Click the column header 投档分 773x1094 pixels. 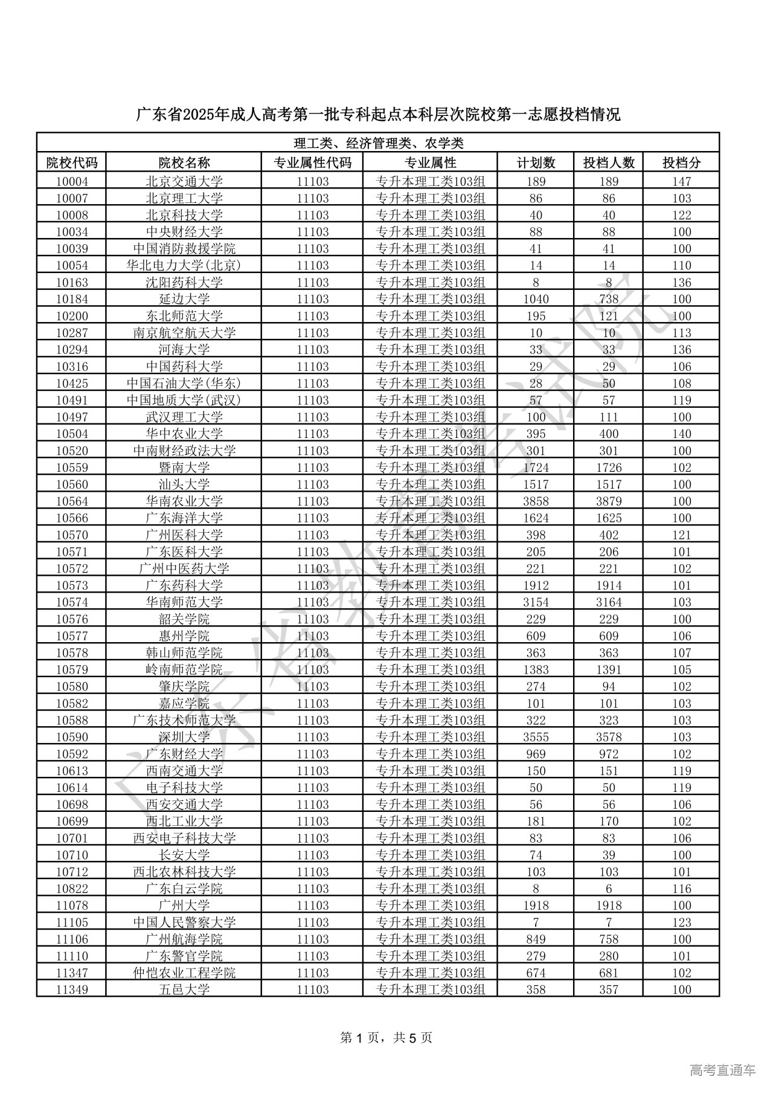[681, 162]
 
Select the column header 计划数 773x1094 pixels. [536, 162]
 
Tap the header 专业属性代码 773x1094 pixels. [312, 162]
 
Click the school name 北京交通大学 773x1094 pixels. [184, 181]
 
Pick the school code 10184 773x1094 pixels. [72, 299]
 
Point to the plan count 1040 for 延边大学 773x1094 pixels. [536, 299]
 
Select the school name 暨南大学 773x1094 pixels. [184, 468]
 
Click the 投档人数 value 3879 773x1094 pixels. [608, 501]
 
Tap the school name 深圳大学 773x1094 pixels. [184, 737]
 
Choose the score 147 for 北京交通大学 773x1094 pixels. [681, 181]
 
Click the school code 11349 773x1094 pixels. [72, 989]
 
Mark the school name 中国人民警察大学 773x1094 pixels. [184, 922]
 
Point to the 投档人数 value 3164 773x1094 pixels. [608, 602]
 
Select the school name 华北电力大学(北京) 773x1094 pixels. [184, 265]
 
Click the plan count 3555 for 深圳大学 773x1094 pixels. [536, 737]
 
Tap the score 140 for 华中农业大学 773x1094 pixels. [681, 434]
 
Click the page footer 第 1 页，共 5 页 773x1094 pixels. [386, 1038]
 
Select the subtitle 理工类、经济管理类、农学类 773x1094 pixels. [378, 143]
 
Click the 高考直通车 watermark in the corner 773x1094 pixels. [722, 1070]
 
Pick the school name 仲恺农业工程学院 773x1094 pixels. [184, 973]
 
